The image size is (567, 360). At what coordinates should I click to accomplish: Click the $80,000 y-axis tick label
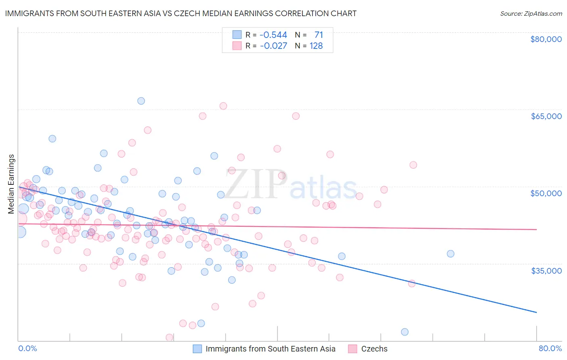546,39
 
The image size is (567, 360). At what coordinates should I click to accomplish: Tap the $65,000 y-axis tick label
546,116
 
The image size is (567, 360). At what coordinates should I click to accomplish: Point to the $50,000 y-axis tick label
546,193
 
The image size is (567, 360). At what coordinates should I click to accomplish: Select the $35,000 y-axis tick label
546,270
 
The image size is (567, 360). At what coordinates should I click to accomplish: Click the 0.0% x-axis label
27,348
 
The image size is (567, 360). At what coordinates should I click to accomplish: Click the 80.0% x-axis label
550,348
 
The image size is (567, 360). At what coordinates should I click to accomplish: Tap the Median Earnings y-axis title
11,184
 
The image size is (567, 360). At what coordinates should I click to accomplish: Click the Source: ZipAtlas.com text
531,14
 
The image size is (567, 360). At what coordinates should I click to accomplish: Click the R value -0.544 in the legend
273,35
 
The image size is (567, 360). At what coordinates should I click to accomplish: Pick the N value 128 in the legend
316,46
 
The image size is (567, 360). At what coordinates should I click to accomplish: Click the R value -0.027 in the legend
273,46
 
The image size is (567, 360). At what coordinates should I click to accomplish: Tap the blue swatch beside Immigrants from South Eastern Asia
197,349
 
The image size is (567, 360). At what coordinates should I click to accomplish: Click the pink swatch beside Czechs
353,349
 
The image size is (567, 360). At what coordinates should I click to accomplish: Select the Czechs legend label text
374,349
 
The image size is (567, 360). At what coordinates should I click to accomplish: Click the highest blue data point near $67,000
141,101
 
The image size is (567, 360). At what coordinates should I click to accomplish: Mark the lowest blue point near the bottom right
405,332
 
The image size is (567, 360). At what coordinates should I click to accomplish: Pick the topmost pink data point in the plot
223,106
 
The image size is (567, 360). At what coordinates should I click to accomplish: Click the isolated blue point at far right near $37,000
450,254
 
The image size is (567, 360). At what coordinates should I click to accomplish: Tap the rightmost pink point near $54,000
413,165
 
